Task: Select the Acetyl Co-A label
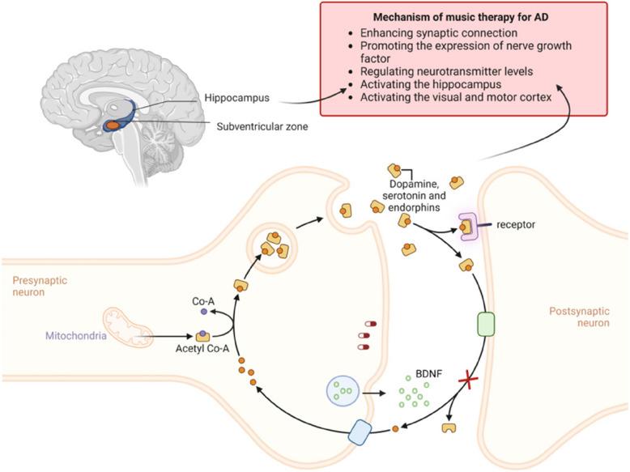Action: coord(200,351)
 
